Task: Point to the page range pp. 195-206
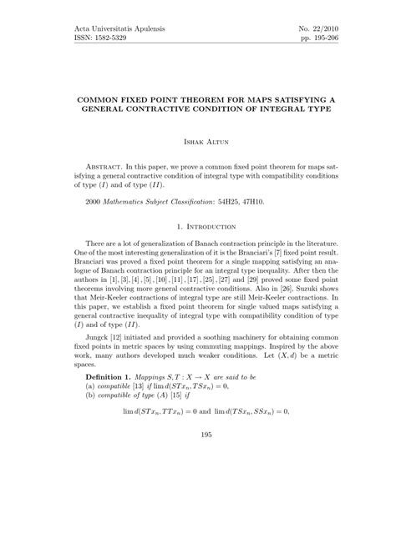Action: pyautogui.click(x=320, y=39)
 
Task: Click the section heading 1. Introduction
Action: pyautogui.click(x=198, y=226)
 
